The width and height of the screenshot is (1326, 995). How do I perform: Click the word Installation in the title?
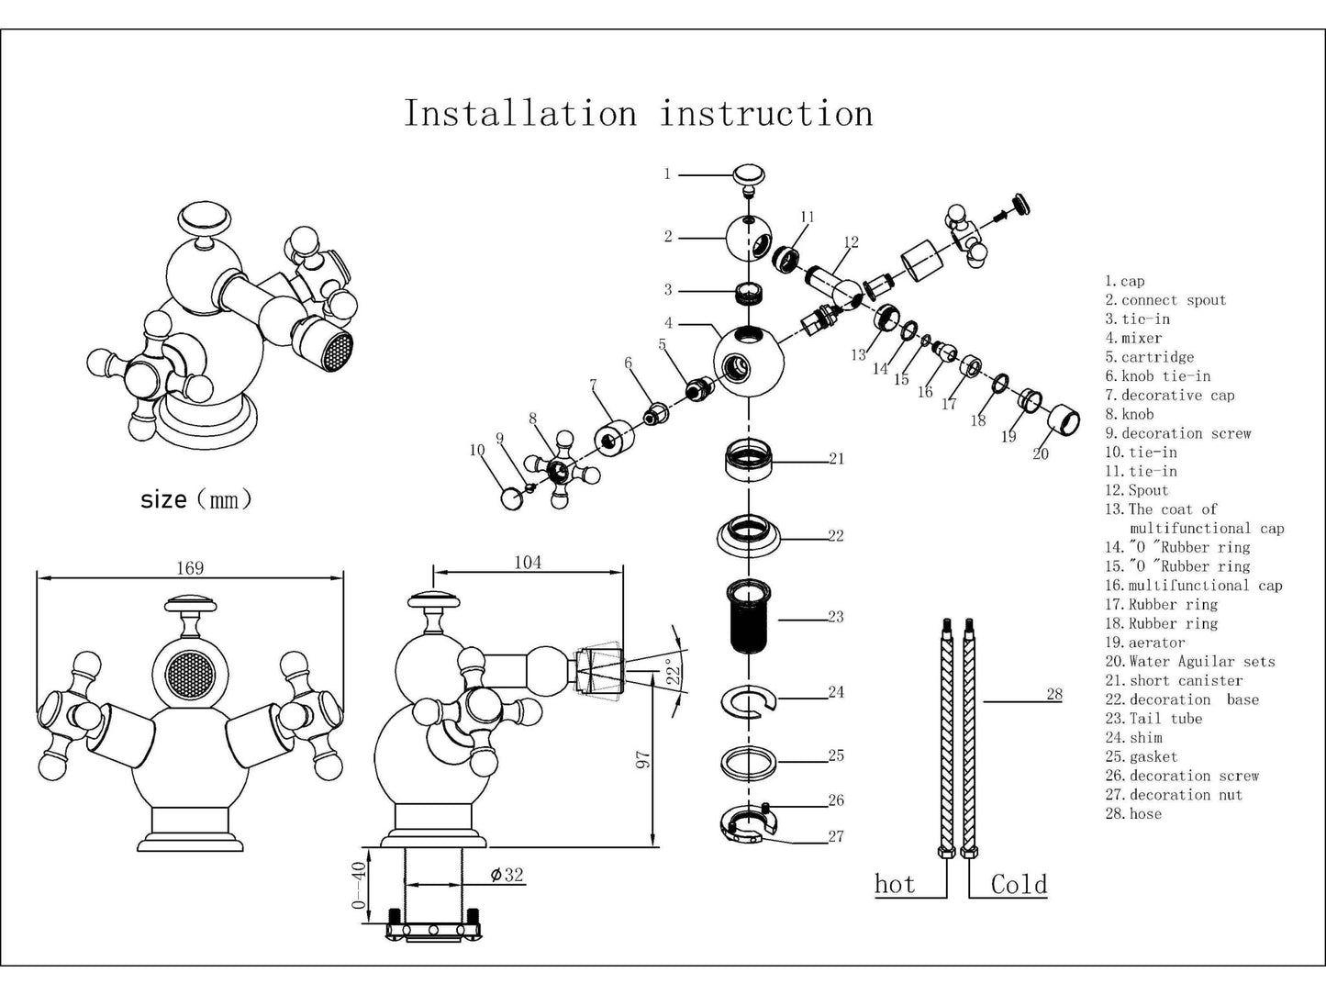[x=520, y=114]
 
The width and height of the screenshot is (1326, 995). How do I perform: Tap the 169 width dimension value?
[x=190, y=568]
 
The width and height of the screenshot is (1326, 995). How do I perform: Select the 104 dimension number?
[x=528, y=562]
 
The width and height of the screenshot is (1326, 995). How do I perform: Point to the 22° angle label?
[x=674, y=673]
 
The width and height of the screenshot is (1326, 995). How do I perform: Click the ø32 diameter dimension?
[x=507, y=875]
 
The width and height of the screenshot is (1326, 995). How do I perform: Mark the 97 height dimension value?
[x=642, y=759]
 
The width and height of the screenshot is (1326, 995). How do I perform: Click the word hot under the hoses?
[x=895, y=884]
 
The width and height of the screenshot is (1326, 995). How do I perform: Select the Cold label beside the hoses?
[x=1019, y=884]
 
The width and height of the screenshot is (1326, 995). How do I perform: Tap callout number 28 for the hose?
[x=1054, y=694]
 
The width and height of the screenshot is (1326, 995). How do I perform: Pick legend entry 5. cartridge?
[x=1150, y=357]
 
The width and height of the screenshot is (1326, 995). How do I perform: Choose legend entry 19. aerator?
[x=1145, y=643]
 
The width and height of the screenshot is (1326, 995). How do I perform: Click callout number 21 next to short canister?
[x=836, y=458]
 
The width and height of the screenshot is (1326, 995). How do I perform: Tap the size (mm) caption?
[x=195, y=500]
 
